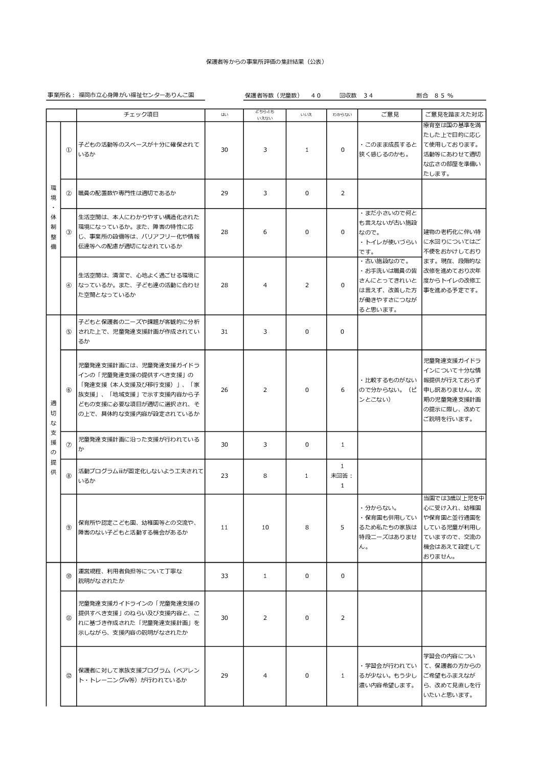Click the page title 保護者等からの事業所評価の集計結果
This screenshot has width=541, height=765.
pyautogui.click(x=264, y=61)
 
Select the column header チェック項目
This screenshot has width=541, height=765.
pyautogui.click(x=141, y=114)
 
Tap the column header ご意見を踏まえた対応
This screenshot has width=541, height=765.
pyautogui.click(x=454, y=114)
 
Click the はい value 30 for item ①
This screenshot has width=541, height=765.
pyautogui.click(x=224, y=150)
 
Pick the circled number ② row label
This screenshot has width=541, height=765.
pyautogui.click(x=69, y=193)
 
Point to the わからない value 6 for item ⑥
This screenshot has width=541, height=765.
pyautogui.click(x=342, y=390)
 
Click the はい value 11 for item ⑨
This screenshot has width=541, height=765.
pyautogui.click(x=224, y=527)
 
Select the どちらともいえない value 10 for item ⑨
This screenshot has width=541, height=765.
pyautogui.click(x=265, y=527)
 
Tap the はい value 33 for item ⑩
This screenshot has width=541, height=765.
pyautogui.click(x=224, y=576)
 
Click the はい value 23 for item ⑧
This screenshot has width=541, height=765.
pyautogui.click(x=224, y=475)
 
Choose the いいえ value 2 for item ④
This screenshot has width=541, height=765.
pyautogui.click(x=307, y=285)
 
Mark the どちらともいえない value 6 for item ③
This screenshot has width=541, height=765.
pyautogui.click(x=265, y=232)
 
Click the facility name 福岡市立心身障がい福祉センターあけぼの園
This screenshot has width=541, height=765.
pyautogui.click(x=136, y=95)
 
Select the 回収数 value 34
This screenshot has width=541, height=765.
pyautogui.click(x=368, y=95)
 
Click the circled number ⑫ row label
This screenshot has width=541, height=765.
pyautogui.click(x=69, y=676)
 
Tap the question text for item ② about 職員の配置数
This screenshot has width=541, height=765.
pyautogui.click(x=127, y=193)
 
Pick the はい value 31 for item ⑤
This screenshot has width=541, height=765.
pyautogui.click(x=224, y=332)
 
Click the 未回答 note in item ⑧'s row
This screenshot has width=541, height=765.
pyautogui.click(x=342, y=475)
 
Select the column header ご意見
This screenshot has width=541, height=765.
pyautogui.click(x=390, y=114)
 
